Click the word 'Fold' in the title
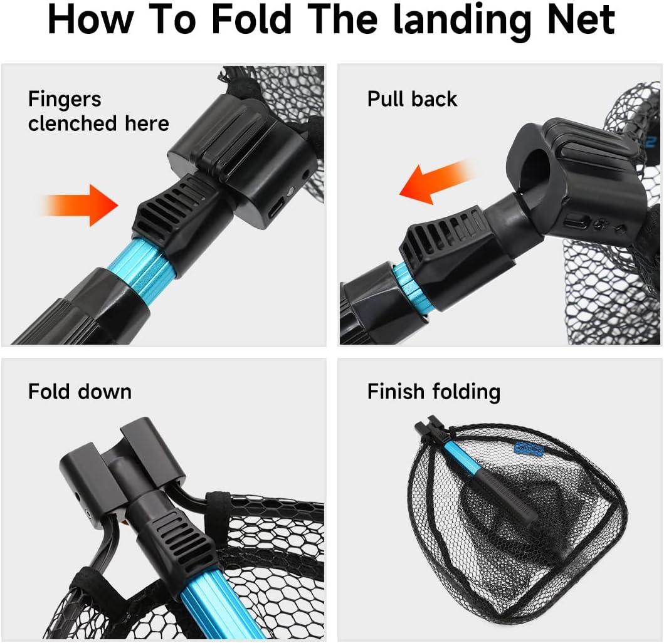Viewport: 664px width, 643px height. point(251,20)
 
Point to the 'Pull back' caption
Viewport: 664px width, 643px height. point(412,99)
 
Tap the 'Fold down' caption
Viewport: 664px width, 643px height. point(80,392)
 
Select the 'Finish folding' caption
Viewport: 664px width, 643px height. point(433,392)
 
